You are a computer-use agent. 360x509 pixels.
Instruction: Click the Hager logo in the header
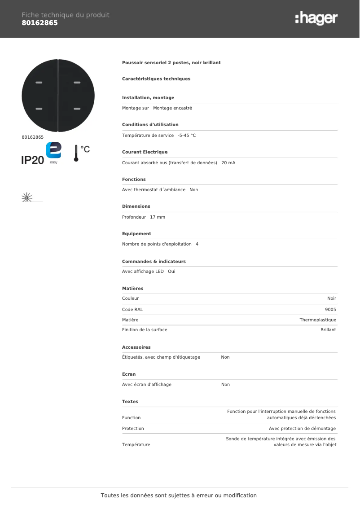point(316,19)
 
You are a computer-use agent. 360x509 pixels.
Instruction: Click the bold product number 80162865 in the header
point(40,23)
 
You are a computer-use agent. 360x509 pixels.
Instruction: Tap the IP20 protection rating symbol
point(32,160)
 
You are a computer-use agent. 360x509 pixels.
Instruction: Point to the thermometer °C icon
point(81,153)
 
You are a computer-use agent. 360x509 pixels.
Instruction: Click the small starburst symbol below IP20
point(27,197)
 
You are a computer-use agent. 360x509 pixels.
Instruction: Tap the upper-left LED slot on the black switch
point(39,83)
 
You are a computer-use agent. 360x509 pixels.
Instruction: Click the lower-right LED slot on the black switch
point(77,109)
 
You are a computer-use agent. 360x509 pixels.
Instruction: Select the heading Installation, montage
point(148,98)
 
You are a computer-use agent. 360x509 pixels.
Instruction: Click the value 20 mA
point(228,162)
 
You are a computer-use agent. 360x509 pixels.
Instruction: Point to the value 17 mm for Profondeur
point(158,217)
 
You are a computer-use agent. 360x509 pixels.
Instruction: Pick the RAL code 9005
point(330,309)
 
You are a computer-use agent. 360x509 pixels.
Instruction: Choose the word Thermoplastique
point(318,320)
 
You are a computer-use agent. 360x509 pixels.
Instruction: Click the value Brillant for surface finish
point(328,329)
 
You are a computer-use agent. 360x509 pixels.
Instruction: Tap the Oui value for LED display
point(171,272)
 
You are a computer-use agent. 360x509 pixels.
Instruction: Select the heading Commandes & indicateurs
point(154,261)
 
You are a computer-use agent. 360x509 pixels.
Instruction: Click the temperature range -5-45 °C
point(187,135)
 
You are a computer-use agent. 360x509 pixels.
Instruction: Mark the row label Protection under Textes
point(133,429)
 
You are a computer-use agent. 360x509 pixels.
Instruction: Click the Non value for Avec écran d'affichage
point(225,385)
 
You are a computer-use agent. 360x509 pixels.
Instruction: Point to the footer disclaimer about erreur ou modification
point(179,496)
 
